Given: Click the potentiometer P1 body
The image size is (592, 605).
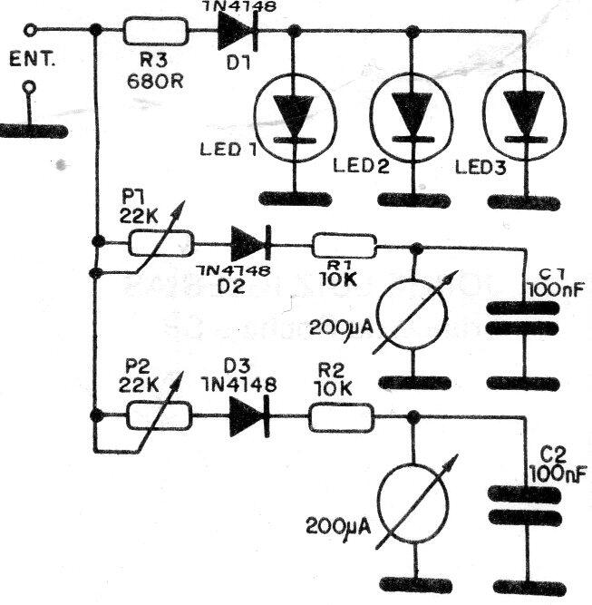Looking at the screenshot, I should coord(160,243).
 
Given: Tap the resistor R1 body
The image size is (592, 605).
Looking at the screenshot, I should coord(344,244).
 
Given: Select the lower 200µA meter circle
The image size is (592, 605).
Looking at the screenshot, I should coord(413,503).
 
